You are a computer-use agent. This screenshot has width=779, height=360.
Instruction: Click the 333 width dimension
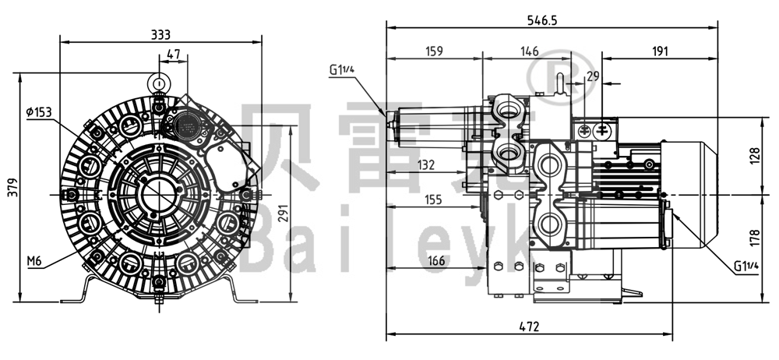(160, 34)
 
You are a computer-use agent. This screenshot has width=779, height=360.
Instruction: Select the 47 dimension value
(173, 54)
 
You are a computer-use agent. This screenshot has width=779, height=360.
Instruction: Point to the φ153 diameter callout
(38, 112)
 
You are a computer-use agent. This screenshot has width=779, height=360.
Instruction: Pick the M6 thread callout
(34, 261)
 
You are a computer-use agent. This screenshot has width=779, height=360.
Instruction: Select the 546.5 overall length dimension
(552, 19)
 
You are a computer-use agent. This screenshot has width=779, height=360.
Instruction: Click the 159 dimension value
(434, 51)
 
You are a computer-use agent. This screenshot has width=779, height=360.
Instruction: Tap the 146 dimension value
(530, 51)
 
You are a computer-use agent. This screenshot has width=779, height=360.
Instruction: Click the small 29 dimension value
(593, 76)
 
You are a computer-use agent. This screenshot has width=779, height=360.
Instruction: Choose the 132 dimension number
(425, 164)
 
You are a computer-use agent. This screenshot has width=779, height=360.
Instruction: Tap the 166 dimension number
(436, 260)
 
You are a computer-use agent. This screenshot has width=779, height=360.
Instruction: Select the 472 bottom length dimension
(529, 328)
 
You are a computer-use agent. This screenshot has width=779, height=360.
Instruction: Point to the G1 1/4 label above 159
(342, 70)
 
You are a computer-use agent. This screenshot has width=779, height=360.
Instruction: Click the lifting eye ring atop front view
(159, 82)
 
